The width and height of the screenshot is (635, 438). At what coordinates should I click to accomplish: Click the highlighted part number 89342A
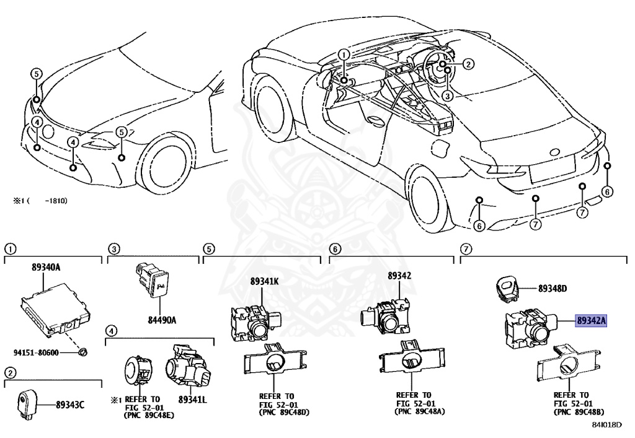click(591, 321)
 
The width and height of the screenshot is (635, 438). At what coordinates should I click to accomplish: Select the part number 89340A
click(47, 268)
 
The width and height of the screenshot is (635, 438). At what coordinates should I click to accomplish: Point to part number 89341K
click(265, 281)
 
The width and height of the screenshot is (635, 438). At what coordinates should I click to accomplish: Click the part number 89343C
click(70, 405)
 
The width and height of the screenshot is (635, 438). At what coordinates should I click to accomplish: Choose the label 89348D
click(553, 288)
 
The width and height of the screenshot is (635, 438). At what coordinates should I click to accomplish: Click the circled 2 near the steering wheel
click(468, 63)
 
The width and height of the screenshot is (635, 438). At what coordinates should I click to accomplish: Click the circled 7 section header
click(466, 249)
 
